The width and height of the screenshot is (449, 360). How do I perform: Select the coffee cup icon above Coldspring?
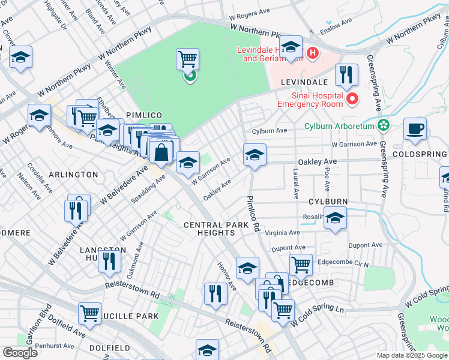click(x=415, y=128)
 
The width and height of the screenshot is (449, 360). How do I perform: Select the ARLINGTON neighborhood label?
click(x=74, y=175)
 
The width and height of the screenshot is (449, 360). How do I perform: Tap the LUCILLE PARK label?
click(x=133, y=316)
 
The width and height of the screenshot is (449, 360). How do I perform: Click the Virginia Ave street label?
click(x=286, y=233)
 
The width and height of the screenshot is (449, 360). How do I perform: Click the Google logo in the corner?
click(x=20, y=353)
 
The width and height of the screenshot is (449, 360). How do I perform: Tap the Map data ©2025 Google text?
click(x=411, y=355)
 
